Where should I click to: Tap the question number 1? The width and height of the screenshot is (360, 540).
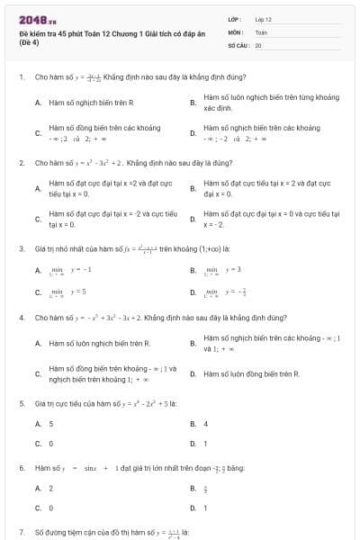(x=21, y=77)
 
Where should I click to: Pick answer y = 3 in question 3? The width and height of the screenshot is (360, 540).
(x=233, y=269)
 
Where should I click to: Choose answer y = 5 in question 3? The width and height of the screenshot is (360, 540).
(x=77, y=292)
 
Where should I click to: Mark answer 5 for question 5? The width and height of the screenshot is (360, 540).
(x=50, y=423)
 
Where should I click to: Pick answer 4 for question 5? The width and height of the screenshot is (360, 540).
(x=205, y=423)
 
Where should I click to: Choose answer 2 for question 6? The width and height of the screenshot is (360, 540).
(x=50, y=488)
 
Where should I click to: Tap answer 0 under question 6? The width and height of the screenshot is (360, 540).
(x=50, y=508)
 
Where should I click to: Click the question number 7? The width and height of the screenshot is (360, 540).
(x=21, y=533)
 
